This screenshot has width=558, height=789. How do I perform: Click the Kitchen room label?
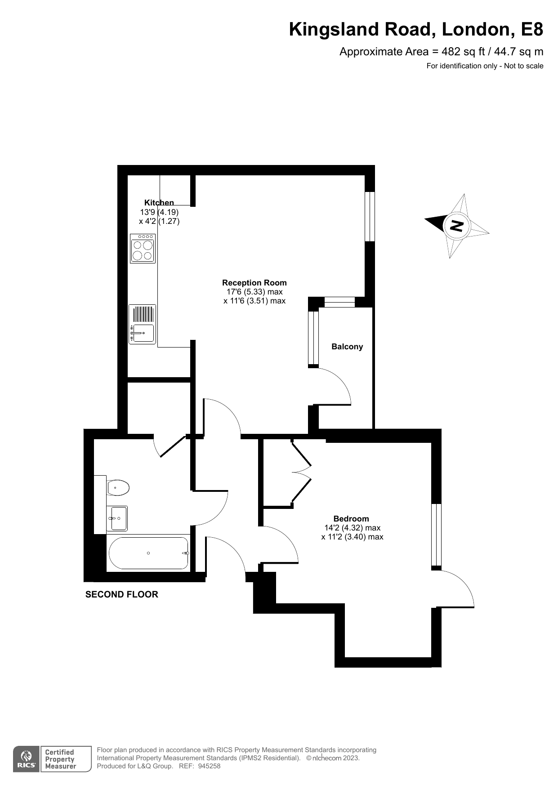(159, 203)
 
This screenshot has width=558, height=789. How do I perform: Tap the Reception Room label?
(254, 283)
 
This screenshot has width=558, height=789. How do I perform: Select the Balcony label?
(347, 347)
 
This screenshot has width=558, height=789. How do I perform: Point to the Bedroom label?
(351, 519)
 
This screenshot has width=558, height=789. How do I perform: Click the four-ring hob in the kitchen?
(143, 248)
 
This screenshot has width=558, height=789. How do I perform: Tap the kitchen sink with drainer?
(142, 324)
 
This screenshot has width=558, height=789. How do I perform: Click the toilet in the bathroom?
(118, 487)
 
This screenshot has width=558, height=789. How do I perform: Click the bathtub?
(148, 553)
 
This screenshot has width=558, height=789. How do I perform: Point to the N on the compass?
(456, 225)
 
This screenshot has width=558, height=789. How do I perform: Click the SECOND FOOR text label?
(122, 594)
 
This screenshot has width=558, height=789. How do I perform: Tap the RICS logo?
(27, 759)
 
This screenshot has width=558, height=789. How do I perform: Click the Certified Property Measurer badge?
(66, 759)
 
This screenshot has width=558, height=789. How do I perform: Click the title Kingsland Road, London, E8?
(416, 29)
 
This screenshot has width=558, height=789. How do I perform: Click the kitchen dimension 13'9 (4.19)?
(159, 212)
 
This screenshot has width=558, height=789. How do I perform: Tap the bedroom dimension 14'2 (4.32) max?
(353, 528)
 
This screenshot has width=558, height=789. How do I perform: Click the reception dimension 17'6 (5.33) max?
(254, 292)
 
